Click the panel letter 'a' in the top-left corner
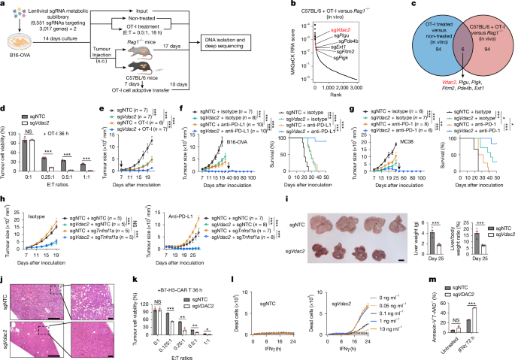(x=5, y=5)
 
